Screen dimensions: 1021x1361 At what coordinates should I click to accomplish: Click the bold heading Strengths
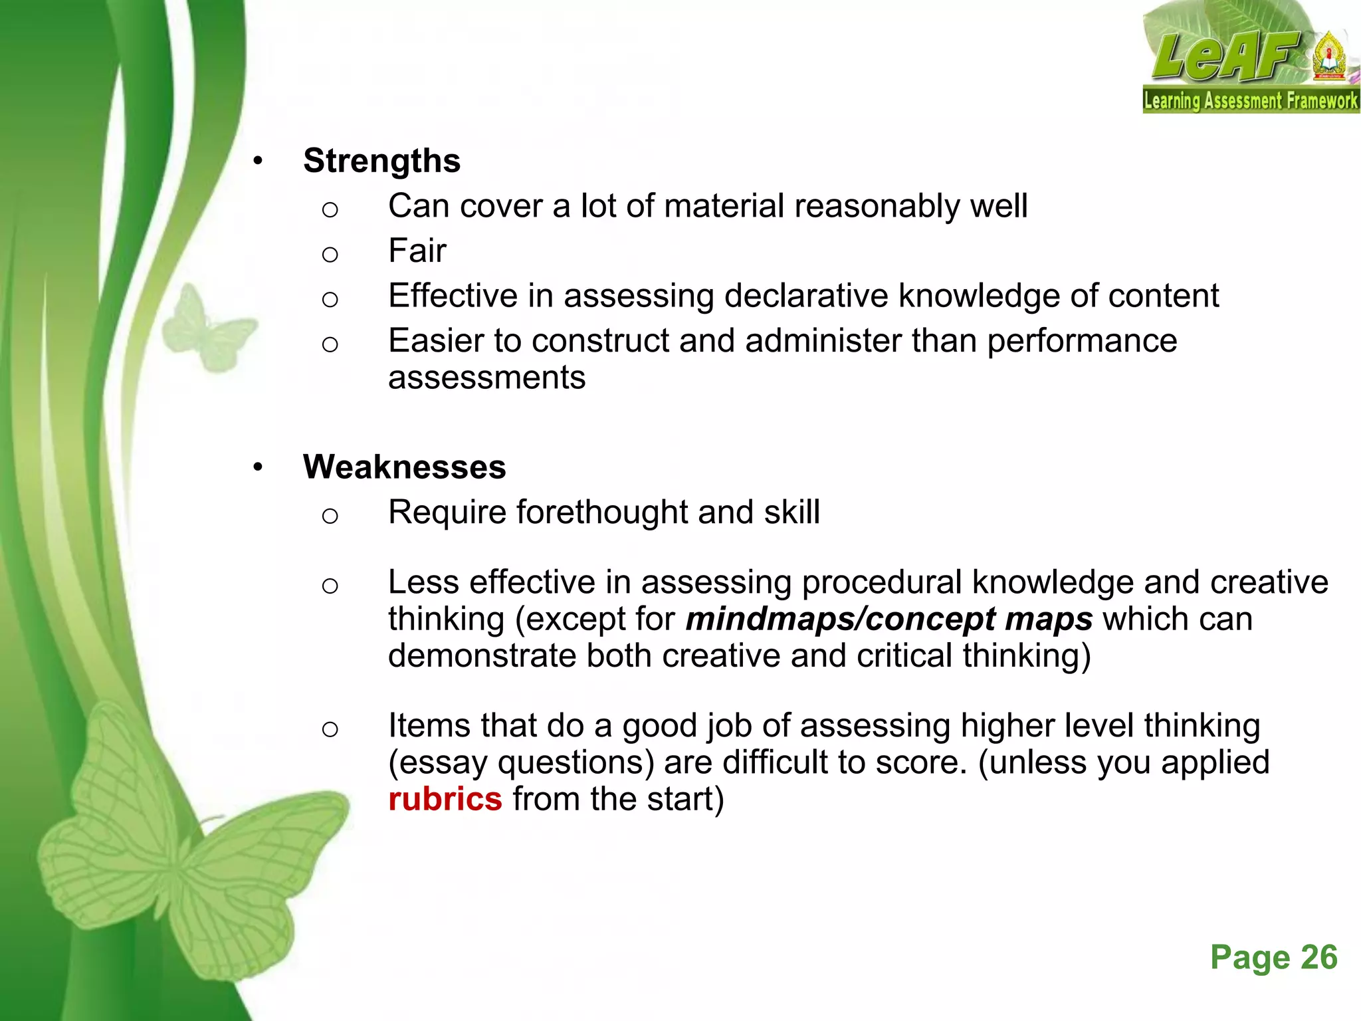pyautogui.click(x=381, y=161)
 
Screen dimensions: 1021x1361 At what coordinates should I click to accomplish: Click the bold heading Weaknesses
pyautogui.click(x=404, y=467)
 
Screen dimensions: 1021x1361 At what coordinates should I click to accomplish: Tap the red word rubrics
pyautogui.click(x=445, y=799)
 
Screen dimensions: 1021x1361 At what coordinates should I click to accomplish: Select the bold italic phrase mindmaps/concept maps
pyautogui.click(x=889, y=619)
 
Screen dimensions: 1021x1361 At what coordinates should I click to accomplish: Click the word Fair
pyautogui.click(x=417, y=251)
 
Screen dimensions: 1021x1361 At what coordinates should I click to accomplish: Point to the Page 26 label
pyautogui.click(x=1273, y=958)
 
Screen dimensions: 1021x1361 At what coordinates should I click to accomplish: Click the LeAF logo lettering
pyautogui.click(x=1226, y=57)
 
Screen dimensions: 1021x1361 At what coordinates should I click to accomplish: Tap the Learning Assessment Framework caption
pyautogui.click(x=1250, y=101)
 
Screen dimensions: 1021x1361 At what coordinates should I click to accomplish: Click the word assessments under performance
pyautogui.click(x=486, y=378)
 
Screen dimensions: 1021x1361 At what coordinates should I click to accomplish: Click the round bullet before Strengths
pyautogui.click(x=258, y=162)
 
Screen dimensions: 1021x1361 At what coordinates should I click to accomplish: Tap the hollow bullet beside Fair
pyautogui.click(x=330, y=254)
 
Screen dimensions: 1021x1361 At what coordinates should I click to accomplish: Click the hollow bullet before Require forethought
pyautogui.click(x=330, y=516)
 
